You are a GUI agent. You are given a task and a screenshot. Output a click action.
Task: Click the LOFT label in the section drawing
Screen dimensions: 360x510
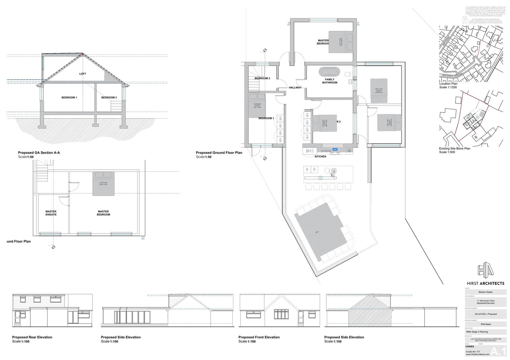pyautogui.click(x=83, y=74)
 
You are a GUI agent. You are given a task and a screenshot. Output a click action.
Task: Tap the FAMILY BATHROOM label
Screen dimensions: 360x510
pyautogui.click(x=330, y=81)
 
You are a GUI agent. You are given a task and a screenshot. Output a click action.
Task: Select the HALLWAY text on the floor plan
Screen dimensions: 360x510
pyautogui.click(x=295, y=88)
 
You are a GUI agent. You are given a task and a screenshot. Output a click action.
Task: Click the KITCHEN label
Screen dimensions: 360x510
pyautogui.click(x=320, y=157)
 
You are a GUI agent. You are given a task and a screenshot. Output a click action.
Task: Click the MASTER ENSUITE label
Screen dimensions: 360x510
pyautogui.click(x=51, y=213)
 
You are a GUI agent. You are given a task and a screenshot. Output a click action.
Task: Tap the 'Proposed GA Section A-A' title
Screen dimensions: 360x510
pyautogui.click(x=39, y=153)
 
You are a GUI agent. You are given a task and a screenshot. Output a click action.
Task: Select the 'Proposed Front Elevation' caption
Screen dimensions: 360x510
pyautogui.click(x=259, y=337)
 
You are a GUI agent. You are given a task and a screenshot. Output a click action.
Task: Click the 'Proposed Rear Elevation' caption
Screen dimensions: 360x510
pyautogui.click(x=32, y=337)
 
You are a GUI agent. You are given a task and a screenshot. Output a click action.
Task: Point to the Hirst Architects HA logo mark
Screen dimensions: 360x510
pyautogui.click(x=485, y=270)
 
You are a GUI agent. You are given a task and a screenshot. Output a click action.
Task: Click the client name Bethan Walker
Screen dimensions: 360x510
pyautogui.click(x=485, y=292)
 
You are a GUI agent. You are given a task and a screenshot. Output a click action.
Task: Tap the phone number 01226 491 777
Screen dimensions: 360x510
pyautogui.click(x=473, y=352)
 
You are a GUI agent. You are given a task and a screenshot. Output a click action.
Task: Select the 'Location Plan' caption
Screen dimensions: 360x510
pyautogui.click(x=448, y=84)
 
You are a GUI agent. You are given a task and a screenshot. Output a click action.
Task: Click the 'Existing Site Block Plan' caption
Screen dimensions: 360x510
pyautogui.click(x=455, y=148)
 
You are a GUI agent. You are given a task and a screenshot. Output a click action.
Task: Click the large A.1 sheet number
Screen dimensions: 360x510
pyautogui.click(x=498, y=351)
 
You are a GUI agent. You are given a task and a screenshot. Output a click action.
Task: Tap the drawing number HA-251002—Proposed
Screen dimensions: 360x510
pyautogui.click(x=485, y=314)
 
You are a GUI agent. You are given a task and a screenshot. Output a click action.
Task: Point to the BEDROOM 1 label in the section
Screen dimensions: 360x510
pyautogui.click(x=69, y=97)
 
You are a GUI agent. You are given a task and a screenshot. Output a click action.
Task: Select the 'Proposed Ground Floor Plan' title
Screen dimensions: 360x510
pyautogui.click(x=219, y=153)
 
